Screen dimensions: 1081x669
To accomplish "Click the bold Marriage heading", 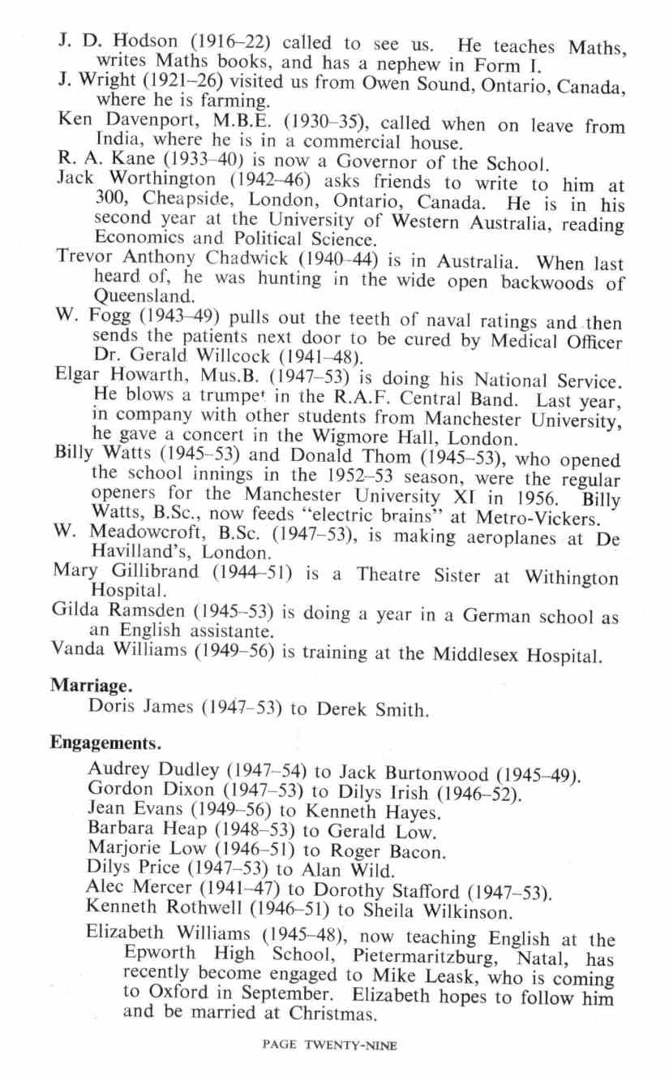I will tap(87, 685).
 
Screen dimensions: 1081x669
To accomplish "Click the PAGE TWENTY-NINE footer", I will tap(330, 1046).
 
